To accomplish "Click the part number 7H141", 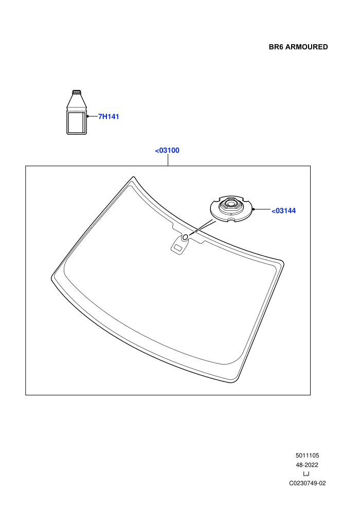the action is (109, 117).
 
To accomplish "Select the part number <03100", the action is (167, 150).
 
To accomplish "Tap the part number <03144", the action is (283, 211).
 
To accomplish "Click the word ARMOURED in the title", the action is (307, 47).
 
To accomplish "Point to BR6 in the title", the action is (276, 47).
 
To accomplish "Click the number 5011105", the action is (307, 456).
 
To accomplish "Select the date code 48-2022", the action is (307, 465).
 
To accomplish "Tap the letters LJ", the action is (306, 474).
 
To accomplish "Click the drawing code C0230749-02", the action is (307, 483).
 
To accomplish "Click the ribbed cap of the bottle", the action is (77, 92).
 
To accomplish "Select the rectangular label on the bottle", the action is (76, 122).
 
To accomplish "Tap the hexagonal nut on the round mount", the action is (230, 205).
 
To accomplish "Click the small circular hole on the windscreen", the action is (185, 238).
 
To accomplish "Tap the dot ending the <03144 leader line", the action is (254, 209).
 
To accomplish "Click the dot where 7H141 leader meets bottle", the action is (87, 116).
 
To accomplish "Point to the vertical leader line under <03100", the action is (168, 160).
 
